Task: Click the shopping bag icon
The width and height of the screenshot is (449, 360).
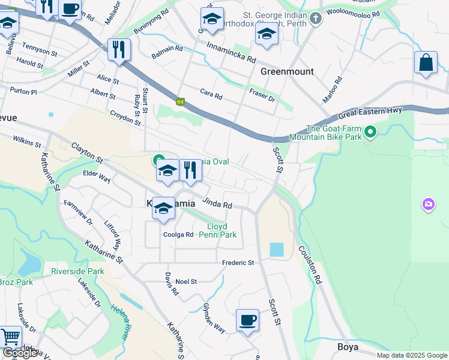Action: click(425, 63)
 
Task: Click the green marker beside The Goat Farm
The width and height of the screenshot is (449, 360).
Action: click(370, 131)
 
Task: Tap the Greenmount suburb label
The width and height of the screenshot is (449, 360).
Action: click(287, 71)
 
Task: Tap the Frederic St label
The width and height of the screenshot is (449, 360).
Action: click(238, 263)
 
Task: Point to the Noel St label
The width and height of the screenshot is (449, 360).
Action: click(186, 281)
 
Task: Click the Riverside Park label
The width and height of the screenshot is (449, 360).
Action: click(77, 271)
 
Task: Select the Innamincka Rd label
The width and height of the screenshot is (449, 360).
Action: click(232, 53)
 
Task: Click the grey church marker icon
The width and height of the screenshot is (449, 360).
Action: click(317, 19)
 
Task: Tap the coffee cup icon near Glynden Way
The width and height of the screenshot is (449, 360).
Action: click(247, 319)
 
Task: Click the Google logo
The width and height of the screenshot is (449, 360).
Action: click(20, 353)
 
